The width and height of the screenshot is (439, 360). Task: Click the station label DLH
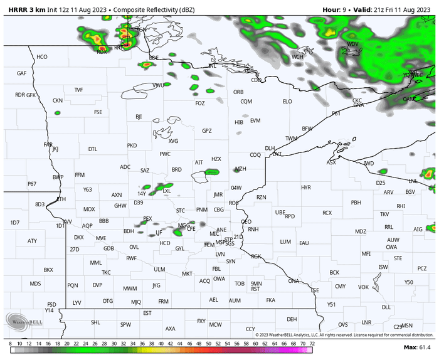[x=270, y=148]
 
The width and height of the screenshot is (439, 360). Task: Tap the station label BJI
[x=139, y=117]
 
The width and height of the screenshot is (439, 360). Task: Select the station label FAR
[x=48, y=144]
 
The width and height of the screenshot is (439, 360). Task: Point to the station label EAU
[x=304, y=243]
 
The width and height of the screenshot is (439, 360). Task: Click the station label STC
[x=181, y=210]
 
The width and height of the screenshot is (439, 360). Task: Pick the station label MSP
[x=220, y=242]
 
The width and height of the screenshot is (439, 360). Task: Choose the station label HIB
[x=239, y=122]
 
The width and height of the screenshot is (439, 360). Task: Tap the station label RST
[x=255, y=289]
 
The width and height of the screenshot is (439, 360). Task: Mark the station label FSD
[x=51, y=305]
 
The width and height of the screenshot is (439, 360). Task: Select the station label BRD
[x=177, y=169]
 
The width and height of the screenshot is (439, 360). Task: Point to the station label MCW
[x=216, y=324]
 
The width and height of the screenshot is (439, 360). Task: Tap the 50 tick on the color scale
[x=208, y=344]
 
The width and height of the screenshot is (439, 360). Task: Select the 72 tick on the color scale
[x=312, y=344]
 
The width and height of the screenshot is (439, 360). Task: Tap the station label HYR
[x=306, y=188]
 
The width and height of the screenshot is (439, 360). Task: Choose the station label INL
[x=213, y=65]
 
